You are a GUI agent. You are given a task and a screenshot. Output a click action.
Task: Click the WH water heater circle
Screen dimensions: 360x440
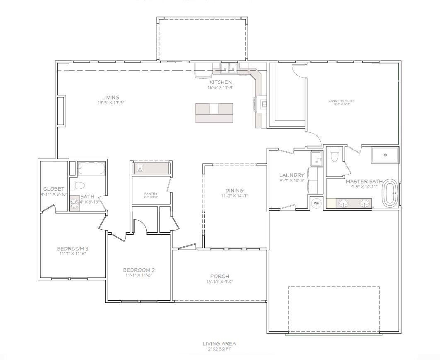coord(316,203)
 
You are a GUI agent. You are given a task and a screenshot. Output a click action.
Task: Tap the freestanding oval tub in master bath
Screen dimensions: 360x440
coord(390,193)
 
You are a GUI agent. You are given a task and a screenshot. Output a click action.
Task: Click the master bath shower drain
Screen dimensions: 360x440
coord(385,155)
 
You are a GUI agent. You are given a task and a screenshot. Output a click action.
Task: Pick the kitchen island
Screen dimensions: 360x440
coord(214,112)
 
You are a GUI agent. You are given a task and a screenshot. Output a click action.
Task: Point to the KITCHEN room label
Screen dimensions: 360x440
coord(220,82)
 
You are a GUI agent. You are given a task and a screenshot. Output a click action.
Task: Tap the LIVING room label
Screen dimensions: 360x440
coord(111,97)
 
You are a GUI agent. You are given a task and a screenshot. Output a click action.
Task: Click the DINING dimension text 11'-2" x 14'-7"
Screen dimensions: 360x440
coord(234,196)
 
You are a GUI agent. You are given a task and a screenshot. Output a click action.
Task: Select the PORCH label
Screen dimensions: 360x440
coord(219,276)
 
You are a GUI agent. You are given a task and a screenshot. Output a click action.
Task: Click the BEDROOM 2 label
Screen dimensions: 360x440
coord(139,270)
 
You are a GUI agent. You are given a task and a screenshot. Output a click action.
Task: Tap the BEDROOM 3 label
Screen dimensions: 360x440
coord(73,248)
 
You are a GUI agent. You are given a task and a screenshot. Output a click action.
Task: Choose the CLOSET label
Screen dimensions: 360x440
coord(54,189)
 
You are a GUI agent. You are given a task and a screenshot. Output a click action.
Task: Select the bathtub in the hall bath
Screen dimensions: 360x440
coord(91,169)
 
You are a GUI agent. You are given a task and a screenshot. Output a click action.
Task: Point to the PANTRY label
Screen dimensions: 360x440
coord(150,193)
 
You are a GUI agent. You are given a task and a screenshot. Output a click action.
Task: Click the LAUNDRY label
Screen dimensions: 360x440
coord(292,175)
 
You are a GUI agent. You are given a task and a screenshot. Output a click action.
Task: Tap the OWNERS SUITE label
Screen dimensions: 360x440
coord(342,101)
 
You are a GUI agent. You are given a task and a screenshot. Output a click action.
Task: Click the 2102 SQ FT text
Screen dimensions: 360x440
coord(219,349)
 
